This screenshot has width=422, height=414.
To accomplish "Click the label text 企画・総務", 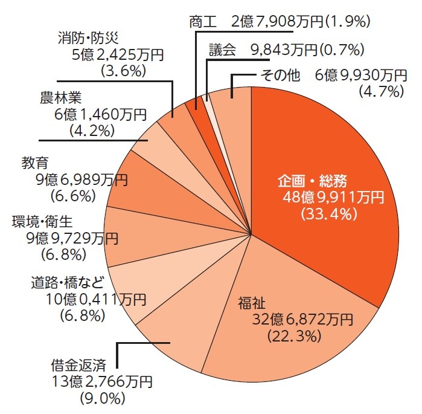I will click(313, 181).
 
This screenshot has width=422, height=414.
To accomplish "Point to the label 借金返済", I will click(78, 365).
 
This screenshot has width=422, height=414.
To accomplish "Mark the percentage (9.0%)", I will click(102, 398).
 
